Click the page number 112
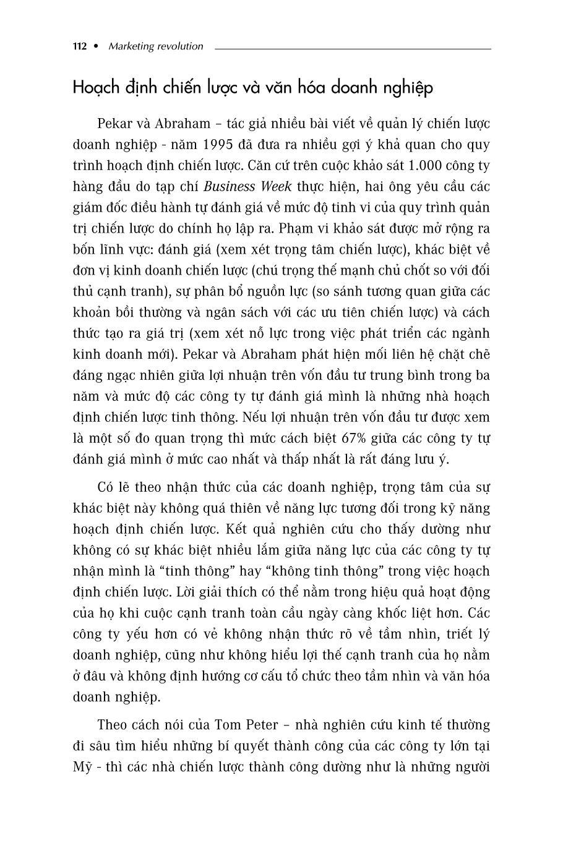[x=79, y=46]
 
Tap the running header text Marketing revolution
[x=155, y=46]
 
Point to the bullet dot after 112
[x=97, y=46]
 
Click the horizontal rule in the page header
[x=353, y=48]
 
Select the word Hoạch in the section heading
[x=93, y=88]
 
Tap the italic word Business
[x=231, y=187]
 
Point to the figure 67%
[x=356, y=439]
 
